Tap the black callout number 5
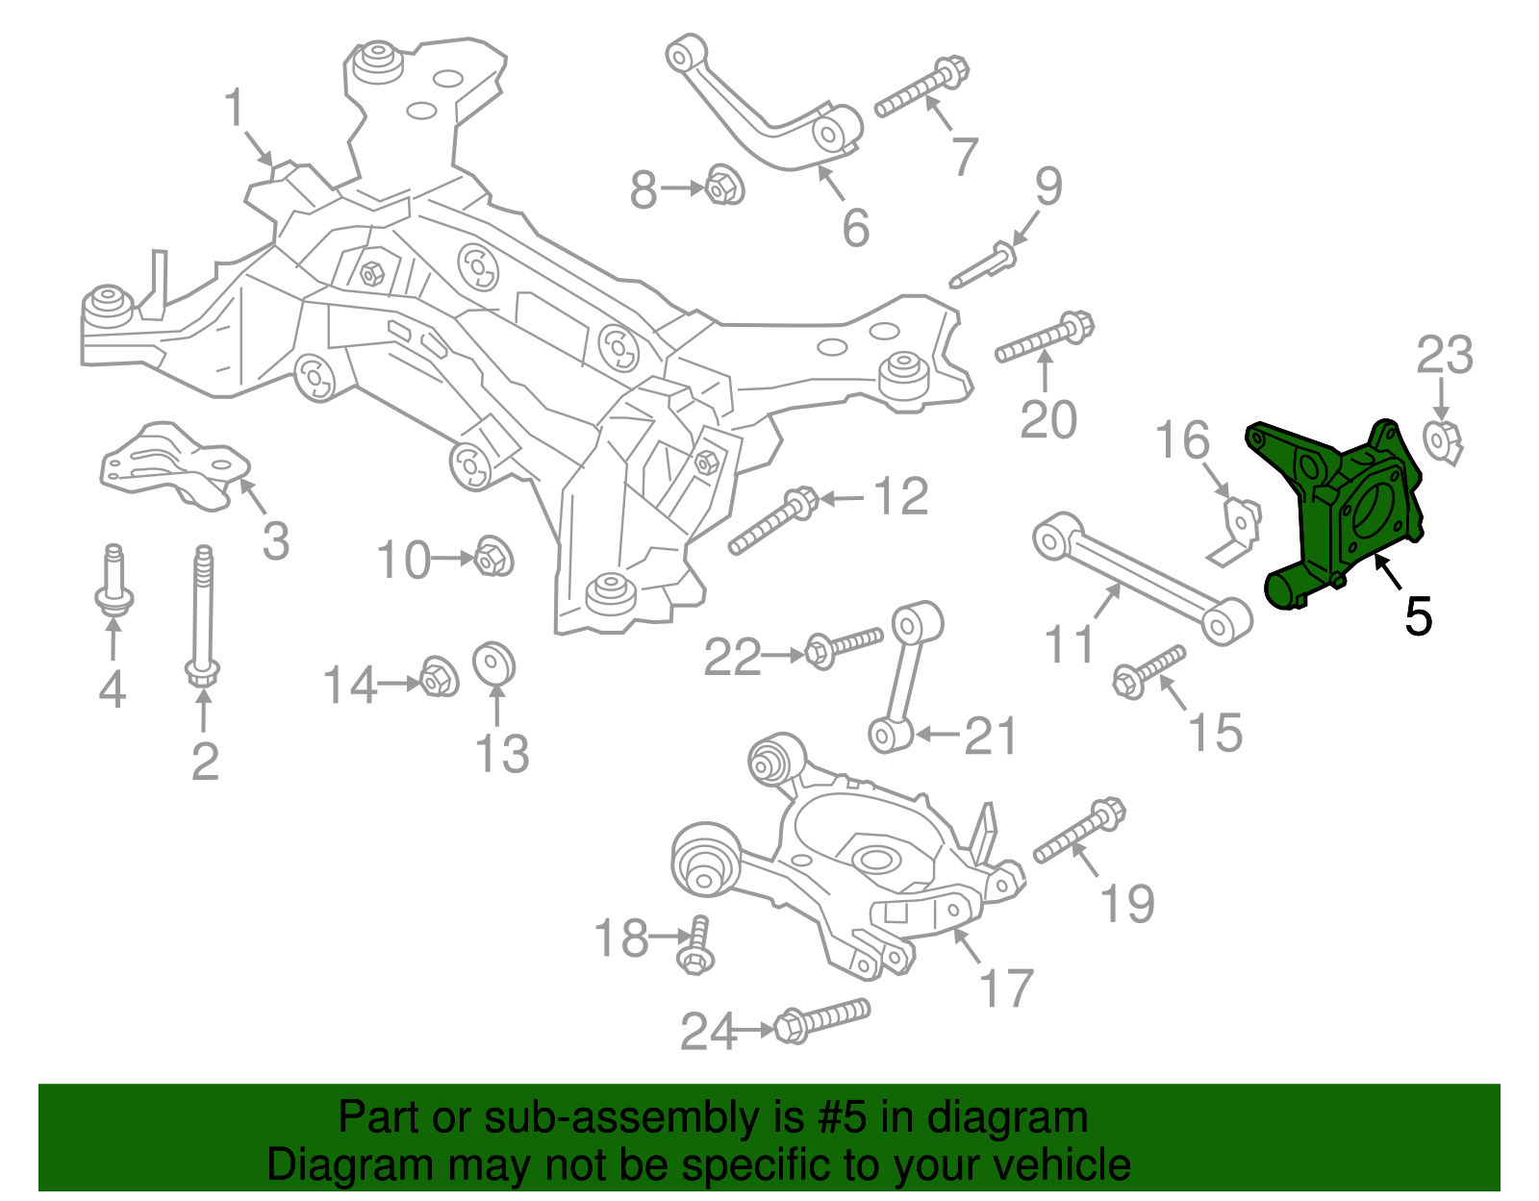pyautogui.click(x=1418, y=616)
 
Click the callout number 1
pyautogui.click(x=236, y=109)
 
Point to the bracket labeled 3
pyautogui.click(x=173, y=466)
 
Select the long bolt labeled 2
pyautogui.click(x=203, y=615)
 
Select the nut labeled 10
pyautogui.click(x=493, y=557)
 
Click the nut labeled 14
pyautogui.click(x=438, y=678)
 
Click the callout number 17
pyautogui.click(x=1007, y=988)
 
